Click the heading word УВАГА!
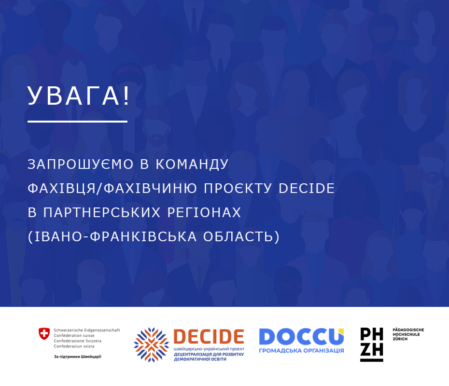pos(79,96)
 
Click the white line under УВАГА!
pos(77,122)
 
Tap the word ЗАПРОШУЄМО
pos(81,164)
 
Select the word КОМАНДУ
pos(192,164)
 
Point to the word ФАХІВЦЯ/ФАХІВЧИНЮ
pos(112,188)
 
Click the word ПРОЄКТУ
pos(238,188)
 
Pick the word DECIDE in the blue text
pos(307,188)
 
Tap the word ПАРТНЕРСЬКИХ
pos(102,212)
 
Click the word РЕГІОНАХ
pos(204,212)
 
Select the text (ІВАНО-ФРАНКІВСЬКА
pos(112,236)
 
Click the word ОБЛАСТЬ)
pos(241,236)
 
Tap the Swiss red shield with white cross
pos(44,333)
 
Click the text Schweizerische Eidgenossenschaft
pos(87,330)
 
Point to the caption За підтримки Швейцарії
pos(78,357)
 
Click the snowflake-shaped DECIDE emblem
pos(152,345)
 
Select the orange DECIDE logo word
pos(209,336)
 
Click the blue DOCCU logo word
pos(301,337)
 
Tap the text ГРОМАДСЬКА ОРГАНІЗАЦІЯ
pos(301,350)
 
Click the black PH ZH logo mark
pos(372,345)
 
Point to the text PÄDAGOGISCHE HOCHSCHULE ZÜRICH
pos(408,334)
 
